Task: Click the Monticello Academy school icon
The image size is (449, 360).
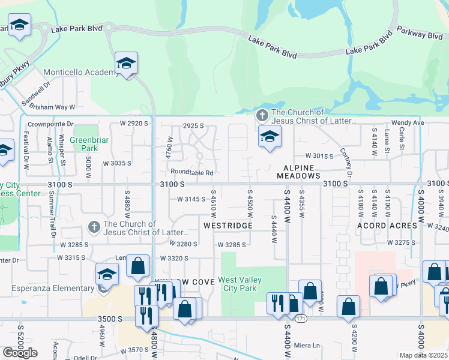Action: [127, 63]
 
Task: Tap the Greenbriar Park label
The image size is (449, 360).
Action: [83, 143]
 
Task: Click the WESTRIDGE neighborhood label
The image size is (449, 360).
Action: [229, 226]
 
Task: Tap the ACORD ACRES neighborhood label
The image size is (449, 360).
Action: [387, 226]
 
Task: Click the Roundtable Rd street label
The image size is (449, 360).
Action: [191, 173]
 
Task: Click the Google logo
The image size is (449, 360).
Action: [20, 352]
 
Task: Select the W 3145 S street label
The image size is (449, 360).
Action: [191, 199]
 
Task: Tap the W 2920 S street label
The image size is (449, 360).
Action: [134, 123]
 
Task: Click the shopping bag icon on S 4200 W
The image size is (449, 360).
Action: [348, 307]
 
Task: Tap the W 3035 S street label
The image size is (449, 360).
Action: [117, 163]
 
